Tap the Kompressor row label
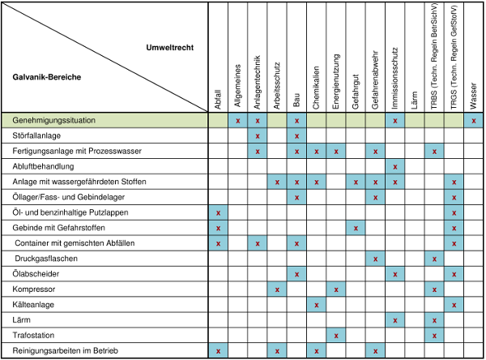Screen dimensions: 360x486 point(35,289)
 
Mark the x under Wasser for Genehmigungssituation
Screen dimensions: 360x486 point(474,121)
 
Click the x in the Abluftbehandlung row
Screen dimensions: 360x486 point(395,166)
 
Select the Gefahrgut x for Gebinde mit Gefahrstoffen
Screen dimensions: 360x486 point(356,228)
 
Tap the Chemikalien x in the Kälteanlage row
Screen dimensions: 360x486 point(316,305)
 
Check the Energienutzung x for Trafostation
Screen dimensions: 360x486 point(336,336)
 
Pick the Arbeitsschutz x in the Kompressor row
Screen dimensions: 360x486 point(277,289)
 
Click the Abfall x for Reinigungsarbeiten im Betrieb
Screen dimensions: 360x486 point(218,351)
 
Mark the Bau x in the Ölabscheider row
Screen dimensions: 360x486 point(296,274)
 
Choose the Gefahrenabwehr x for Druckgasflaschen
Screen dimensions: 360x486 point(375,259)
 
